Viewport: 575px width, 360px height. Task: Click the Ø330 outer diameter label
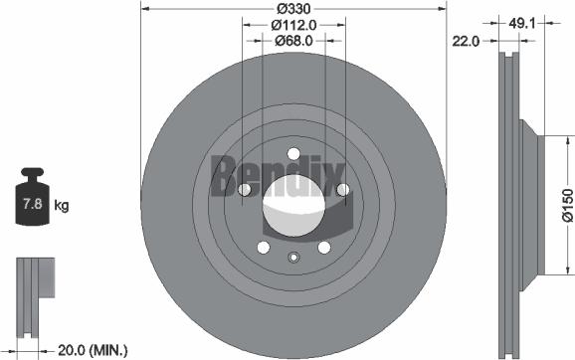[293, 9]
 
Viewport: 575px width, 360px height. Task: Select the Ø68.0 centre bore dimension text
[293, 41]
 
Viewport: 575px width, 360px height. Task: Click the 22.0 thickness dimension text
[466, 41]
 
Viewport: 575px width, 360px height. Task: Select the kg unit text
[62, 206]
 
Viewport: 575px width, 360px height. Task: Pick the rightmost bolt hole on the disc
[341, 189]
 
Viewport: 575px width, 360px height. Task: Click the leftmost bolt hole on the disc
[246, 189]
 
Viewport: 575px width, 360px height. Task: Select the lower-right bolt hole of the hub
[323, 247]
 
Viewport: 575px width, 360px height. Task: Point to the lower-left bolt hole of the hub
[264, 247]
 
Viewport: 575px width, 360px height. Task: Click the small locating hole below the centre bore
[293, 258]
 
